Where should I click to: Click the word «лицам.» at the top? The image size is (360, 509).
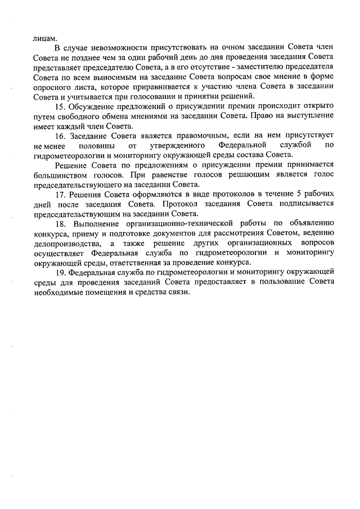(46, 38)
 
